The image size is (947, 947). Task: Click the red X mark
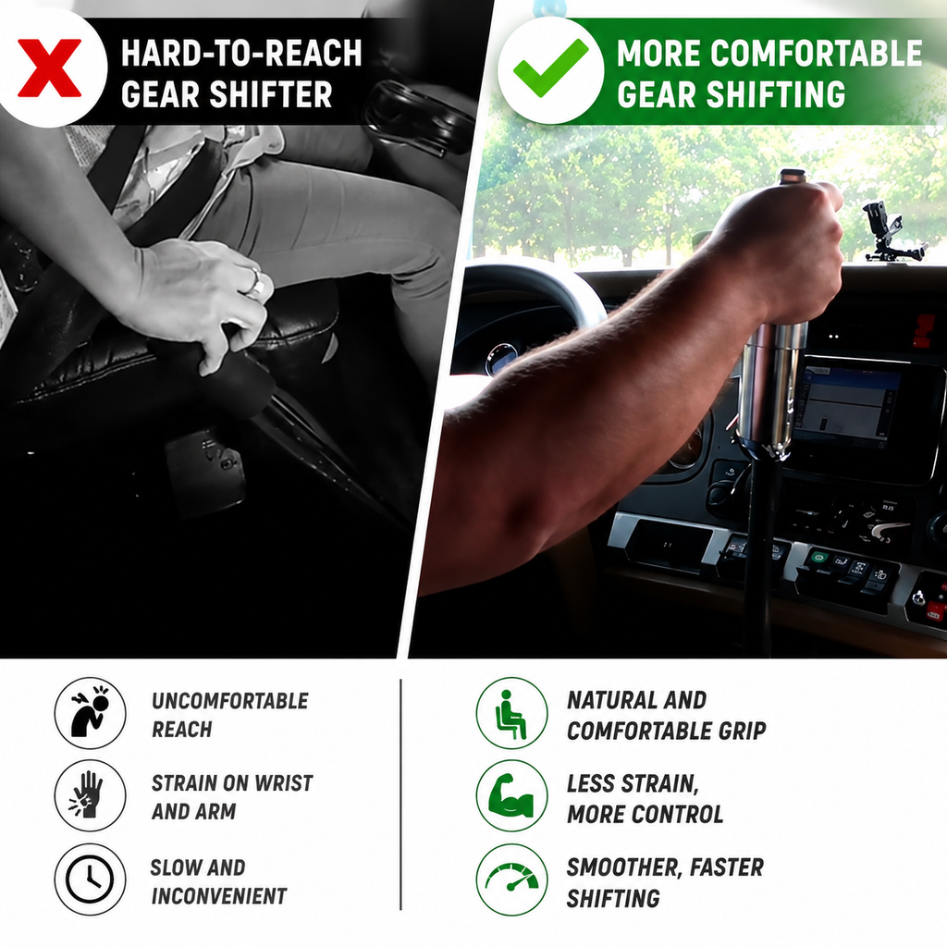[50, 68]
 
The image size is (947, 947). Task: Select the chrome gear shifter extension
[770, 389]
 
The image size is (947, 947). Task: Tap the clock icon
[90, 879]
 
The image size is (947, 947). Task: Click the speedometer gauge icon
[511, 879]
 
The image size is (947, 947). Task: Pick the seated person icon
[510, 714]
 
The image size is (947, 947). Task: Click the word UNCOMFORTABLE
[230, 701]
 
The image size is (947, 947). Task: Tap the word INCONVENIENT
[218, 896]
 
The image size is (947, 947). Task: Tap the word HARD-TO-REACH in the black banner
[241, 53]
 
